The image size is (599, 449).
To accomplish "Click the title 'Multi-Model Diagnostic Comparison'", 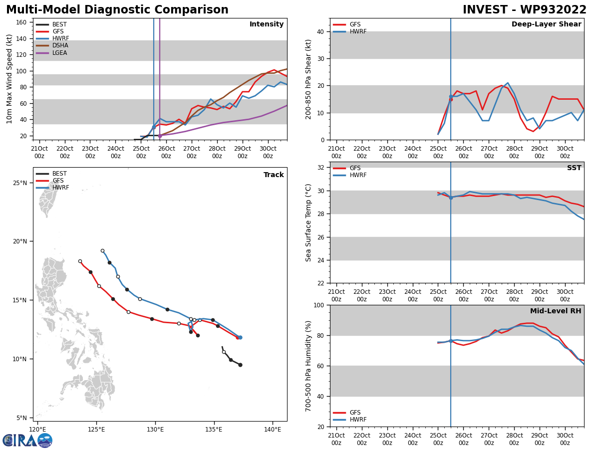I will point(117,10).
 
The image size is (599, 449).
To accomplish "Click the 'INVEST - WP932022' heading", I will point(524,10).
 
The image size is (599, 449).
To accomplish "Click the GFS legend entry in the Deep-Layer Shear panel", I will point(354,24).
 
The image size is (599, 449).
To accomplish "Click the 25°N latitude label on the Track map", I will point(19,183).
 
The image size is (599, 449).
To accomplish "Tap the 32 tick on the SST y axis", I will point(322,168).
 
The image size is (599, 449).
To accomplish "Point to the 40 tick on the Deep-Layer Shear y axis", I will point(322,31).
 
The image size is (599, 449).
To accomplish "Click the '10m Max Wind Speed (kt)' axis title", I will point(9,79).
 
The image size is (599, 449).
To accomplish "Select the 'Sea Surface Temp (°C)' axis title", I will point(309,223).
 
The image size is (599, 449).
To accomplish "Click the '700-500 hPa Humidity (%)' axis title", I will point(309,366).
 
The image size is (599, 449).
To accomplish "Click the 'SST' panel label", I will point(574,168).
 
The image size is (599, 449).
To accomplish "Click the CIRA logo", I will point(27,441).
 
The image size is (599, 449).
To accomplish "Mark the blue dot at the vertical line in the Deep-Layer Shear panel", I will point(451,97).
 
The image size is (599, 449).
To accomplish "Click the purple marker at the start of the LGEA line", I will point(160,136).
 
